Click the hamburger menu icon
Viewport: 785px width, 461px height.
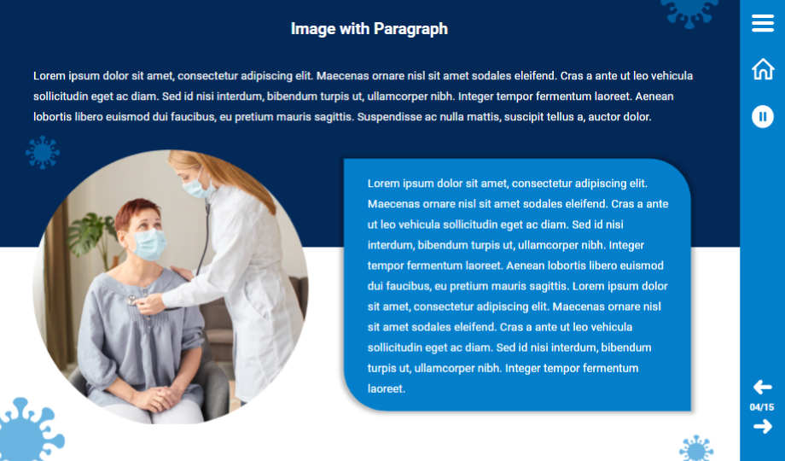point(763,23)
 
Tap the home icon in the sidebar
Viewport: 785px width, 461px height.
point(763,68)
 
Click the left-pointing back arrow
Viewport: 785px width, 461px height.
point(762,387)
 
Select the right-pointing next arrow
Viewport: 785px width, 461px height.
point(763,427)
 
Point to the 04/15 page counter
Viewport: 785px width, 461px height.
point(761,407)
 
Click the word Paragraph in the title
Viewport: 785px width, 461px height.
point(410,29)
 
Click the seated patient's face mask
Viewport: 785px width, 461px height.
point(148,244)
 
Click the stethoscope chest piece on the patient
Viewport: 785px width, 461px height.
point(131,301)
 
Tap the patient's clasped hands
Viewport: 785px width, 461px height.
point(159,398)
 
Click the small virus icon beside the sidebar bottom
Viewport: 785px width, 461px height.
point(696,448)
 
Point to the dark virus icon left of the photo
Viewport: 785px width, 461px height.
point(43,152)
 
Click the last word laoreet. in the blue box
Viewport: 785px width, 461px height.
point(386,388)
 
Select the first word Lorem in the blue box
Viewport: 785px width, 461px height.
point(383,184)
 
